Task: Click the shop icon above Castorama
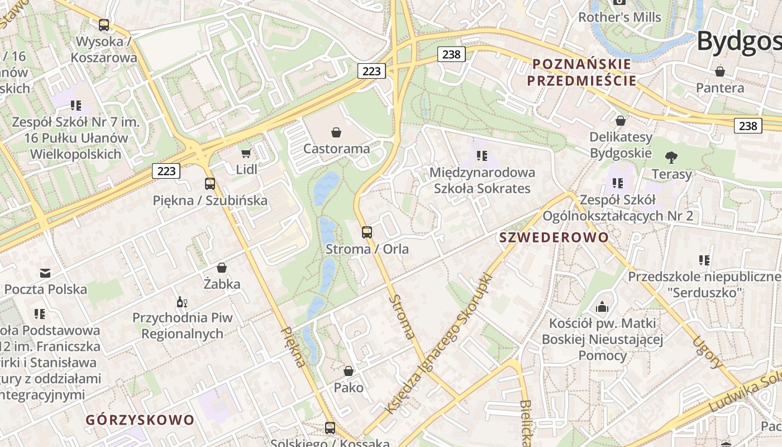336,132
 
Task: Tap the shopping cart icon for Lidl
246,153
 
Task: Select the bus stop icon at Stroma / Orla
367,232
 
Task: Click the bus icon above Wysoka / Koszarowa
104,25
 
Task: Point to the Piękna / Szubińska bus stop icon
210,184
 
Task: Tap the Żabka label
222,284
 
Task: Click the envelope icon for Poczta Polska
45,273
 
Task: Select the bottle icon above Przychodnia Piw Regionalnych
182,302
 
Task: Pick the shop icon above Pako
349,371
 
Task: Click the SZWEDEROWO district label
554,237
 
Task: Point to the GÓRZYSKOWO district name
140,420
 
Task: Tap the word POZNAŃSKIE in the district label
581,64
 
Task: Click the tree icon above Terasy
671,158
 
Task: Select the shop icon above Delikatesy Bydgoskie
621,121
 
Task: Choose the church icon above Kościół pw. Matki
602,307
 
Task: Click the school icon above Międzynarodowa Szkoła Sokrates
482,156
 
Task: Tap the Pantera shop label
720,88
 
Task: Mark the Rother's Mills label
619,17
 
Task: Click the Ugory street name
707,352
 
